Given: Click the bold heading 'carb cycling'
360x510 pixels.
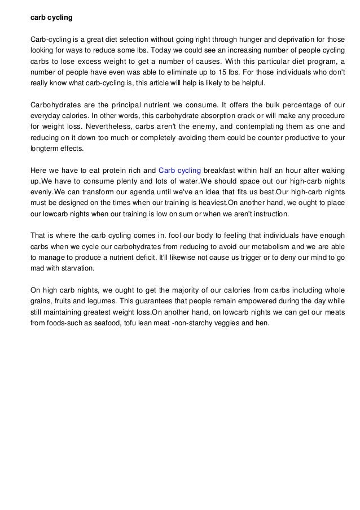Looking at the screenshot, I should tap(51, 18).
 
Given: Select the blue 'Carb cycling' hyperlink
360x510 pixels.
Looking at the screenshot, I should tap(180, 170).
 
